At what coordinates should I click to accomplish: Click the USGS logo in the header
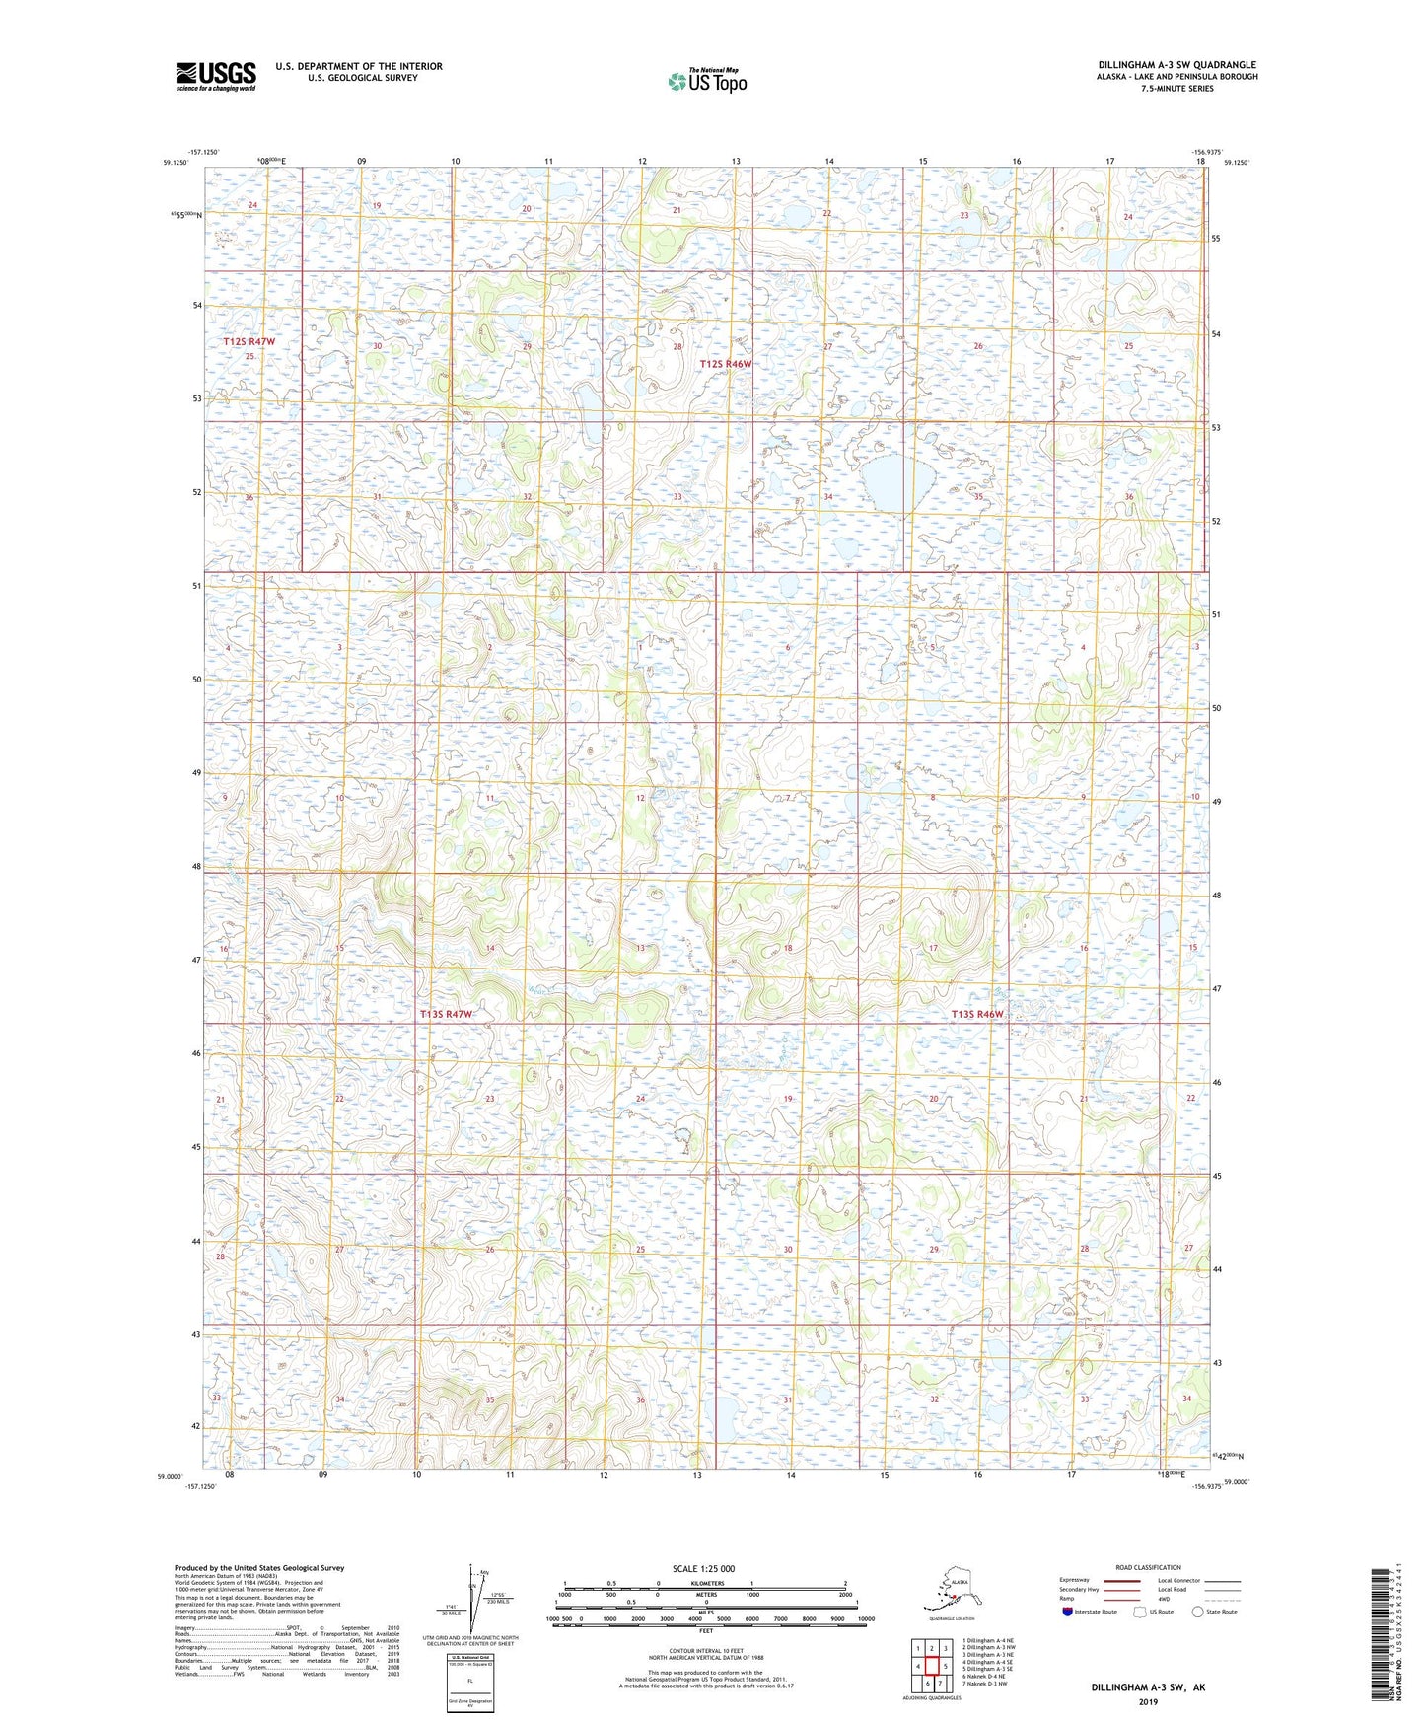point(215,76)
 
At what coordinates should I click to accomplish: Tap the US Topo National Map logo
point(707,80)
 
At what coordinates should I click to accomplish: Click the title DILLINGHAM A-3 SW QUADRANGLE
point(1176,65)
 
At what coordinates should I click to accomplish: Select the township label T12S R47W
point(249,341)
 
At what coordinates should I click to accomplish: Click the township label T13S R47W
point(446,1014)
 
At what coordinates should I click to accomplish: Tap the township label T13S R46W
point(976,1014)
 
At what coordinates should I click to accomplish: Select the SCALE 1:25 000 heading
point(704,1569)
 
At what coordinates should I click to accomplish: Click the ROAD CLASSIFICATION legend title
point(1147,1567)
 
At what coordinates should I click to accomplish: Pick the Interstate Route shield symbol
point(1069,1612)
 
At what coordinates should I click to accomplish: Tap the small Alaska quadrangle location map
point(951,1592)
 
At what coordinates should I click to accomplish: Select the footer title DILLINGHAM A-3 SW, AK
point(1148,1687)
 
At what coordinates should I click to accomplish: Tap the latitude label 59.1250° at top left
point(174,163)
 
